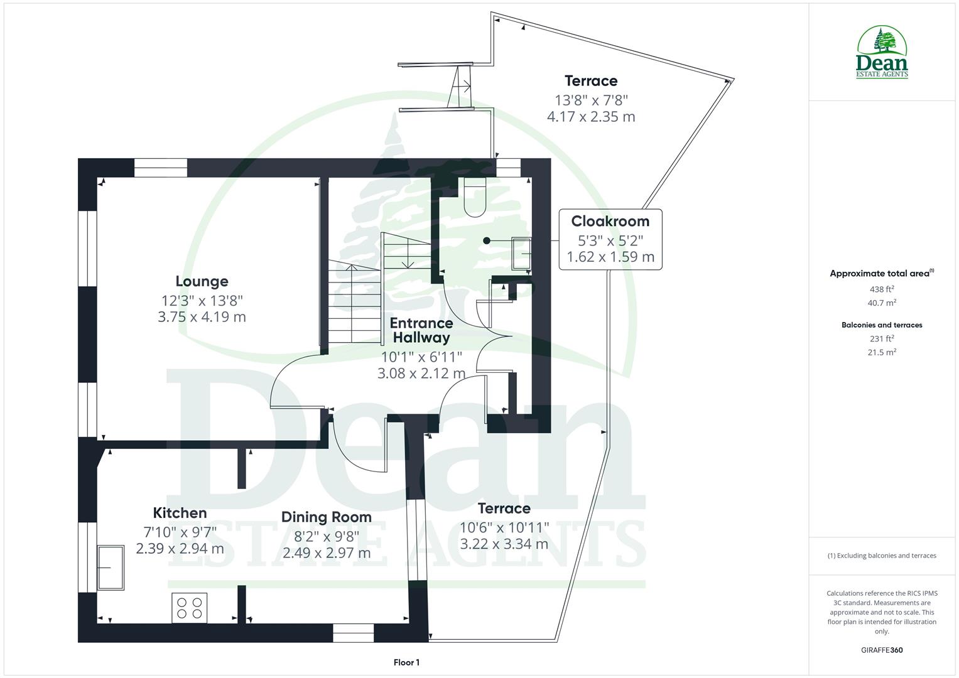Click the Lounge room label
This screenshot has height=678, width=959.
202,281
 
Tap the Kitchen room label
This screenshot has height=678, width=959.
180,513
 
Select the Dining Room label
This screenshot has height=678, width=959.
326,517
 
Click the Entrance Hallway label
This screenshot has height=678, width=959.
421,330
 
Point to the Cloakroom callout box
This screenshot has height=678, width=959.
610,239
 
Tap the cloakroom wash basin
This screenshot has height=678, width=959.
521,252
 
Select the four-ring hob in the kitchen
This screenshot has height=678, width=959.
190,608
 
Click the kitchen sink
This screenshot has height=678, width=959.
111,567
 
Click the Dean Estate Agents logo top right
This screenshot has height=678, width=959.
882,53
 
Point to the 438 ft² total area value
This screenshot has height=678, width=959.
882,289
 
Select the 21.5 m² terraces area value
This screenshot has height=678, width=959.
882,352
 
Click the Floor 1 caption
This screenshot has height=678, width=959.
406,662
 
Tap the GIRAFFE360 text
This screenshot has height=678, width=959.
882,650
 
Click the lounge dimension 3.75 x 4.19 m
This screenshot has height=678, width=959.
202,317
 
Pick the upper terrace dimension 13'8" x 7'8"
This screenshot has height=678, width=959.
590,100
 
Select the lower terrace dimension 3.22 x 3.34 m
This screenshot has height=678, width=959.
504,544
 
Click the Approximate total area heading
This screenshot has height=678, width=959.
882,273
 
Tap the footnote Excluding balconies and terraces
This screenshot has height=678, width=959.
882,556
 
